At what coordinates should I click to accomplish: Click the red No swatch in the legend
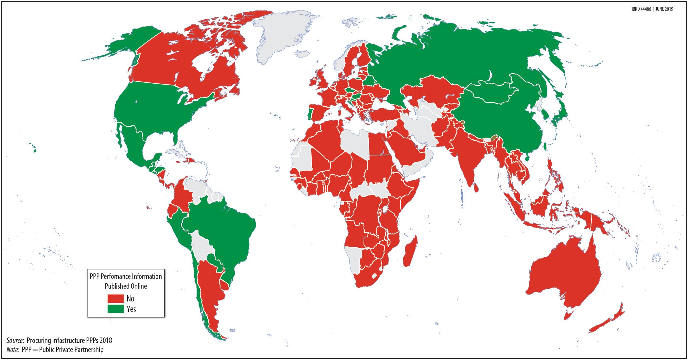[115, 299]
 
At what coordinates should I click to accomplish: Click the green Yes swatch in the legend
[115, 309]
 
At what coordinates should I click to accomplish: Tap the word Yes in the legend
[131, 309]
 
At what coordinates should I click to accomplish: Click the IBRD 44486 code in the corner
[641, 9]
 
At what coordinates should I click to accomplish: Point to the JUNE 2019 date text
[664, 9]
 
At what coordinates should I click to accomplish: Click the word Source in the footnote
[15, 340]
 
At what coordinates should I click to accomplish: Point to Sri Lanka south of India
[476, 188]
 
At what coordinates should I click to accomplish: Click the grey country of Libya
[355, 144]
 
